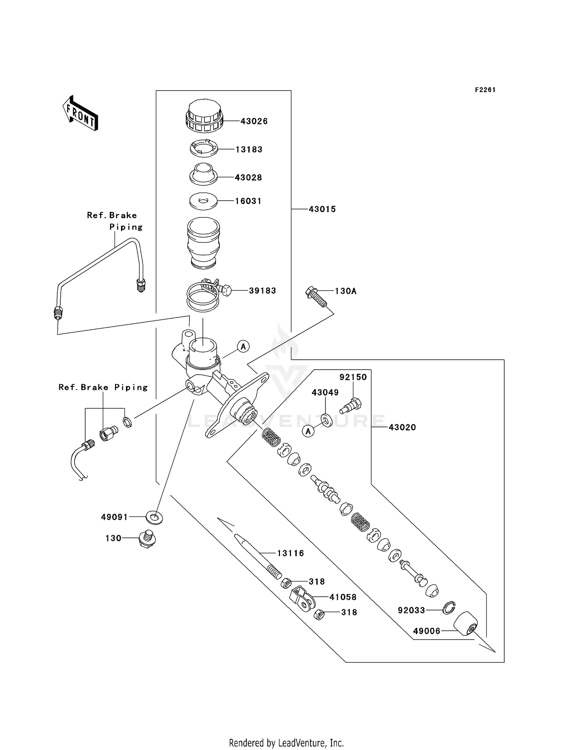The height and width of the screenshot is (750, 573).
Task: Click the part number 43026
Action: (254, 121)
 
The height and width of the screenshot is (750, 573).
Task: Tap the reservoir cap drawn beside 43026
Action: (203, 115)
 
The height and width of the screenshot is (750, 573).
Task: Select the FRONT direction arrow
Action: (81, 114)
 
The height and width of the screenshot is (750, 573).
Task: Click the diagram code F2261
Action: (485, 90)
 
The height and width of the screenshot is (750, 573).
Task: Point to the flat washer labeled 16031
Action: (203, 201)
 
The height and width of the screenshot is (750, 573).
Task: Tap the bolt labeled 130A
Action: (316, 297)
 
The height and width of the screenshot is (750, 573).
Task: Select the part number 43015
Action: (322, 209)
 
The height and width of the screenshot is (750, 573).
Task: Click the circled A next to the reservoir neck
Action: (243, 346)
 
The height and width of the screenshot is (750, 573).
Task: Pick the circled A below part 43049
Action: (308, 431)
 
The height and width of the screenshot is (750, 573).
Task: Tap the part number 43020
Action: (402, 427)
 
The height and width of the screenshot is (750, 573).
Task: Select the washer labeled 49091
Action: (154, 518)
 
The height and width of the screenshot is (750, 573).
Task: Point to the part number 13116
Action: (290, 553)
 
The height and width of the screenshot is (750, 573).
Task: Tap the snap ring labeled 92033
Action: (449, 607)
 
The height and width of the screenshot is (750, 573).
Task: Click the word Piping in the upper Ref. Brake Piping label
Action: (126, 227)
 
